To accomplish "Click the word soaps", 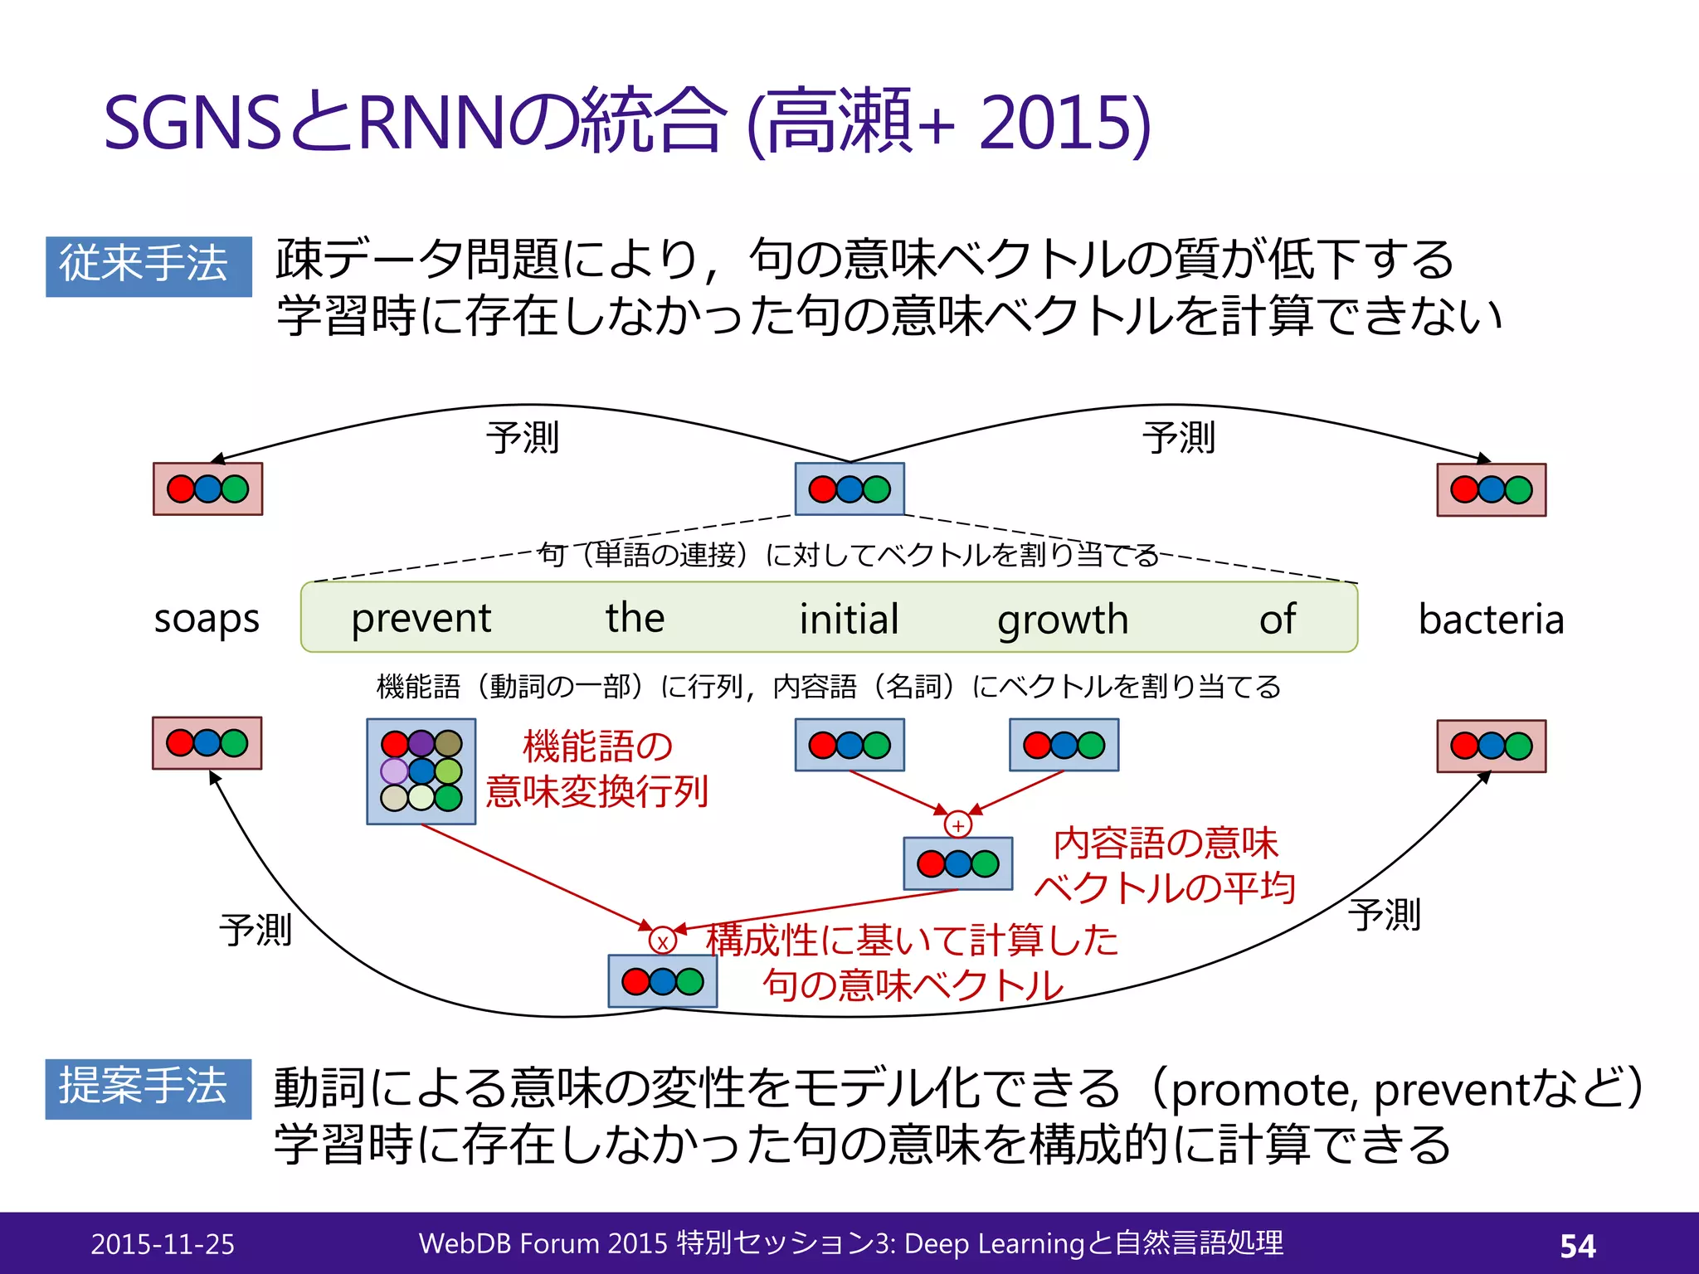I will pos(207,620).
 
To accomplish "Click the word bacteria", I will pos(1491,620).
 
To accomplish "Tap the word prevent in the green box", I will pos(421,619).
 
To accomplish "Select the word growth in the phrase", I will pos(1063,620).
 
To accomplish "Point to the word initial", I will pos(849,619).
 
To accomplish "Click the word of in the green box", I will pos(1278,619).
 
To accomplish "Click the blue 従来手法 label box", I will pos(148,266).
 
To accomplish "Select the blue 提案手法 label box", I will pos(148,1088).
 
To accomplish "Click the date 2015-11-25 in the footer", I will pos(163,1244).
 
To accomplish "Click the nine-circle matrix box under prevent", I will pos(421,771).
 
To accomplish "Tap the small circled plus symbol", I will pos(957,825).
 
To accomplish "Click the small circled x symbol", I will pos(662,941).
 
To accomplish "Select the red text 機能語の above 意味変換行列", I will pos(597,746).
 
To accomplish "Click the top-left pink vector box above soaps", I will pos(207,489).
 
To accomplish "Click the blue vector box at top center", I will pos(849,489).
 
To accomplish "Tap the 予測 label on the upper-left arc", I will pos(523,438).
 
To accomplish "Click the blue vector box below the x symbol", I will pos(662,981).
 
